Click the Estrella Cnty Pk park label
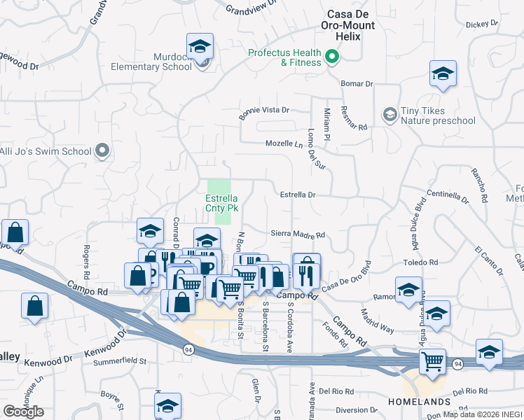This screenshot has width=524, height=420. click(222, 203)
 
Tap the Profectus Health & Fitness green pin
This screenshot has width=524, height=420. click(333, 57)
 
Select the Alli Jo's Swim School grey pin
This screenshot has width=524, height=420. click(102, 150)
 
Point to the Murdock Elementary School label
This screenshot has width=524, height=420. click(152, 62)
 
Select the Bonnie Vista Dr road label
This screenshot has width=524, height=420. click(264, 113)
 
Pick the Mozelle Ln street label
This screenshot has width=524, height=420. click(284, 144)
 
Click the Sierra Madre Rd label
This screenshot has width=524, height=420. click(298, 235)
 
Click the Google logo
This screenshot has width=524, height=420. click(23, 412)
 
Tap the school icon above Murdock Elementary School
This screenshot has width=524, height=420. click(200, 47)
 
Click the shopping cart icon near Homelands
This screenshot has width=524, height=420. click(433, 361)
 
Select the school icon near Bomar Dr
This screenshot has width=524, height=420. click(443, 73)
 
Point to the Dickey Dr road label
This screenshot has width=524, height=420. click(481, 23)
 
